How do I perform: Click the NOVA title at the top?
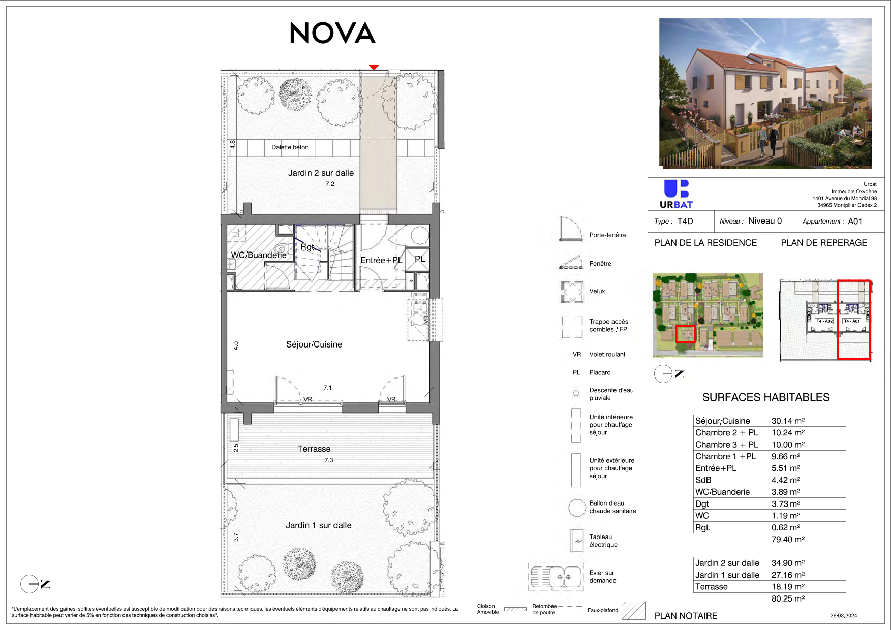tap(332, 33)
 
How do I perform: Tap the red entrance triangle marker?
tap(374, 67)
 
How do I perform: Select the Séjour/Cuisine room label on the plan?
tap(314, 344)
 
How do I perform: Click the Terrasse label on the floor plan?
tap(314, 449)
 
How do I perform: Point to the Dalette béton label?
tap(290, 147)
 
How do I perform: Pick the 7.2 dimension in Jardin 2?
tap(330, 184)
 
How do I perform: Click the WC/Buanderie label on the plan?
tap(259, 255)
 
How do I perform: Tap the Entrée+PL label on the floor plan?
tap(381, 260)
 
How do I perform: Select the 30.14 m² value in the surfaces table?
tap(788, 421)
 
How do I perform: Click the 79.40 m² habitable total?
tap(788, 539)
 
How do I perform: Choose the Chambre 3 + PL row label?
tap(727, 445)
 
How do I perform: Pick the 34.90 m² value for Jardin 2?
tap(788, 563)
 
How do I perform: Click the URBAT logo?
tap(677, 195)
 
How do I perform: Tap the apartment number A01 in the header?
tap(855, 222)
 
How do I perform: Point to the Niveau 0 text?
tap(765, 221)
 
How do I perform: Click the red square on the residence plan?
tap(685, 334)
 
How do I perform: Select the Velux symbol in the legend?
tap(572, 292)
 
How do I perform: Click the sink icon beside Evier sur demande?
tap(556, 577)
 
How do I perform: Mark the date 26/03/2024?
tap(844, 616)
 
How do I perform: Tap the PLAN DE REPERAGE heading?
tap(824, 243)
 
